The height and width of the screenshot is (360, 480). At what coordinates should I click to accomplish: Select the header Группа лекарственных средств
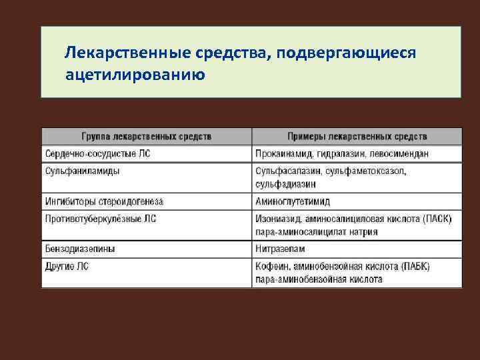pos(147,136)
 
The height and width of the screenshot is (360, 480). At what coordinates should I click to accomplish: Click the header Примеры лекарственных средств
pos(357,136)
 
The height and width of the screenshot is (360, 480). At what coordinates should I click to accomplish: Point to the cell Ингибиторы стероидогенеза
pos(104,201)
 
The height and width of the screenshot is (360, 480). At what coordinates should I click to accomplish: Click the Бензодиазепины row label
pos(80,249)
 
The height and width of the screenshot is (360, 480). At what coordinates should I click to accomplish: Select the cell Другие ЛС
pos(67,266)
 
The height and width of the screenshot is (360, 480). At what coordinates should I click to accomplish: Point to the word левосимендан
pos(397,153)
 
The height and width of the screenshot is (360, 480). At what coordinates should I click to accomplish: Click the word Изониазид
pos(277,218)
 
